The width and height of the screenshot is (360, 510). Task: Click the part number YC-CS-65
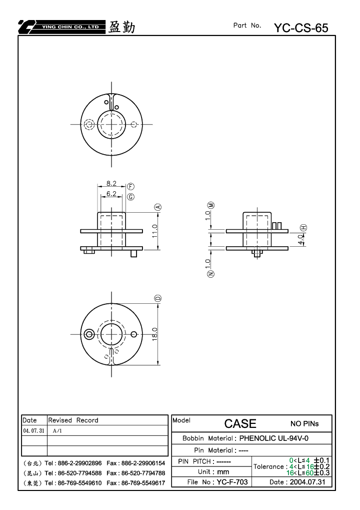point(301,28)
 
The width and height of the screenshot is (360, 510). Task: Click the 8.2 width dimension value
point(111,184)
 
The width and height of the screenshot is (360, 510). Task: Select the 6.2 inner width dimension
point(111,194)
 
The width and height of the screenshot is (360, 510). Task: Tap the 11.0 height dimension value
point(154,231)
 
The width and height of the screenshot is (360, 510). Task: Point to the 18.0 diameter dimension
point(154,334)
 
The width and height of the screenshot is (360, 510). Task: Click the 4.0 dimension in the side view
point(301,240)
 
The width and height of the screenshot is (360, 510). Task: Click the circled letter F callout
point(130,186)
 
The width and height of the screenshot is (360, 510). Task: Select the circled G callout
point(130,197)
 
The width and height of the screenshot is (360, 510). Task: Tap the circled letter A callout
point(158,207)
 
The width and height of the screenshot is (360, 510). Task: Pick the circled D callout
point(158,298)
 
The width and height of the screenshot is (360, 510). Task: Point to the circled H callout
point(303,228)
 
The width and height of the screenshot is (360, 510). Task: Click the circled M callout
point(211,205)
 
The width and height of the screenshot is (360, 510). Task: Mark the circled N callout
point(210,274)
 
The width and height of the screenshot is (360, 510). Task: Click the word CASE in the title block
point(240,423)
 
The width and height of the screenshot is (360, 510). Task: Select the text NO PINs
point(304,424)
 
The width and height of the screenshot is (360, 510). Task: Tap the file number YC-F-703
point(232,482)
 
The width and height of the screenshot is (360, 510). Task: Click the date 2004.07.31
point(307,482)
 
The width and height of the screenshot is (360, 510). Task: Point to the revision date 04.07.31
point(33,430)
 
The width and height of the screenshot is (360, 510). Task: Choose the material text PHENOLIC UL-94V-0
point(274,438)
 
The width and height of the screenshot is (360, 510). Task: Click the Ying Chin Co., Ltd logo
point(61,27)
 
